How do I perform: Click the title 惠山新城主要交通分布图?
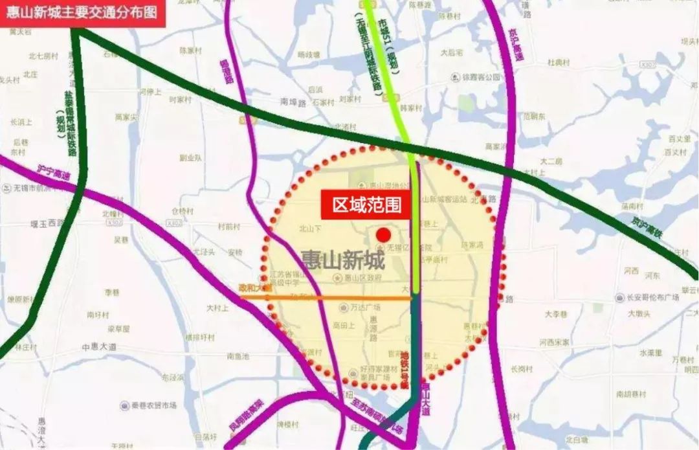pyautogui.click(x=82, y=12)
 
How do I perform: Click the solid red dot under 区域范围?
pyautogui.click(x=383, y=234)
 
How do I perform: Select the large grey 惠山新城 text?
pyautogui.click(x=342, y=260)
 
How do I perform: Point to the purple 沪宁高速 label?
pyautogui.click(x=53, y=173)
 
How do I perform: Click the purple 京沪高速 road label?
pyautogui.click(x=516, y=45)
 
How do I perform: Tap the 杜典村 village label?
pyautogui.click(x=559, y=62)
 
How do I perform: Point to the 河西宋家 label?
pyautogui.click(x=555, y=342)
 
